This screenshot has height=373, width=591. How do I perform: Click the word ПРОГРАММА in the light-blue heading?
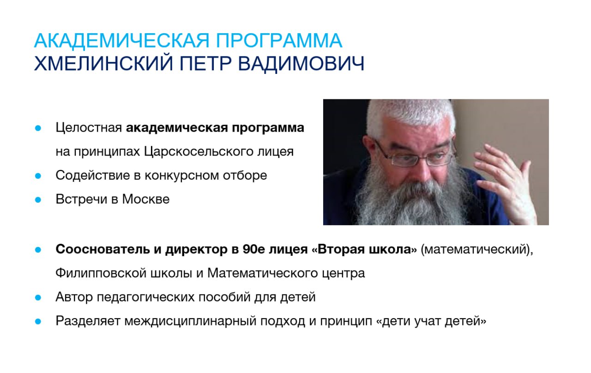(279, 40)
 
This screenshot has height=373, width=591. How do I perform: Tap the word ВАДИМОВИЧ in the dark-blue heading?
(301, 64)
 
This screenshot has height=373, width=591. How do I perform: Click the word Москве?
(145, 199)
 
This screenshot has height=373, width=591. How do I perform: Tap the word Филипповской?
(101, 273)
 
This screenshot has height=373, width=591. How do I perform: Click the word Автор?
(74, 297)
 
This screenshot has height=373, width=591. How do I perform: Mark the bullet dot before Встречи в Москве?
(38, 200)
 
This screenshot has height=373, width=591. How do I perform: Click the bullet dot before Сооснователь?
(38, 250)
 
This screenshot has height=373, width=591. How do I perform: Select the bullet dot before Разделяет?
(38, 322)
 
